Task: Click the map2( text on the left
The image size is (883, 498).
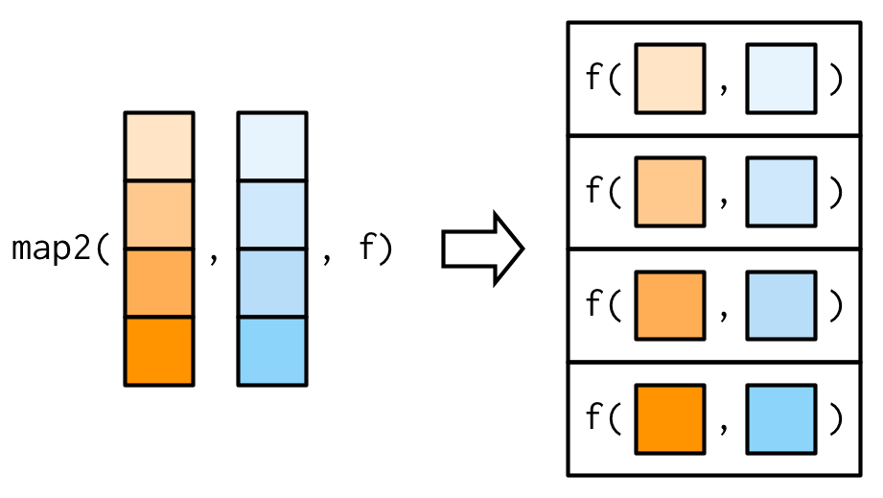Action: coord(62,249)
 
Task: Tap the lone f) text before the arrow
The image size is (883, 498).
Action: coord(376,249)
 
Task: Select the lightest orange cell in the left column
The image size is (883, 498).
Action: coord(159,146)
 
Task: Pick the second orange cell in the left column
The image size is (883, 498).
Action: coord(159,214)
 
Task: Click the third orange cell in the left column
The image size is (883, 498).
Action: coord(159,282)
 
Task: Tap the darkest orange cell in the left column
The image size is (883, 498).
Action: coord(159,350)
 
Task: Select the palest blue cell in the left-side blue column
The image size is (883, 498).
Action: coord(272,146)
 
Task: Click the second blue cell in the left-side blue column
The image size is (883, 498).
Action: coord(272,214)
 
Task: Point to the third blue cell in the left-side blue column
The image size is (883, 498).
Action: coord(272,282)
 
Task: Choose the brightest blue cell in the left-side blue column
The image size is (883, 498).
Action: coord(272,350)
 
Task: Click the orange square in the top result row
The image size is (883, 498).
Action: coord(669,79)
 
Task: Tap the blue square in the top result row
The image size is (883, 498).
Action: coord(780,79)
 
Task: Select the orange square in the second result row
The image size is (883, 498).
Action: coord(669,193)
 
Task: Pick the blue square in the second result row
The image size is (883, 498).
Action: coord(780,193)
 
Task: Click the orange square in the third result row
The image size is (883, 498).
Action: coord(669,306)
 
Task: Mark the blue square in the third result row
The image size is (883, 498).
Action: coord(780,306)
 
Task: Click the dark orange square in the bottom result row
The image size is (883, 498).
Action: coord(669,419)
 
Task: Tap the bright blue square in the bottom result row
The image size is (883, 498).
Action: coord(780,419)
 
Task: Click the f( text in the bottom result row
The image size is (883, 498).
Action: coord(604,419)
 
